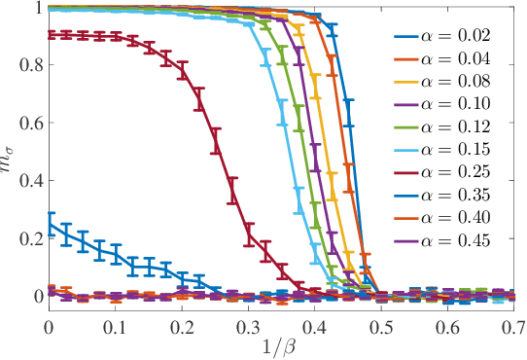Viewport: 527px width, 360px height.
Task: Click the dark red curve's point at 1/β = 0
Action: click(49, 34)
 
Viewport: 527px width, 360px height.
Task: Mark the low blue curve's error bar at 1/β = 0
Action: click(49, 226)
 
